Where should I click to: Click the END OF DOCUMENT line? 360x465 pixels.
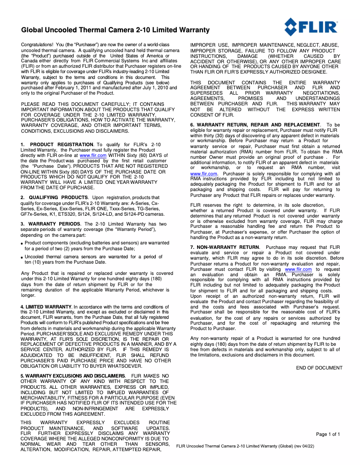[319, 368]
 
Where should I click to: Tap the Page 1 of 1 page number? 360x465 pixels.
[328, 434]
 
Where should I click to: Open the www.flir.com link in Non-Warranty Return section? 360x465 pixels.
[298, 269]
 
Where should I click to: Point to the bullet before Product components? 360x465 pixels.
[22, 243]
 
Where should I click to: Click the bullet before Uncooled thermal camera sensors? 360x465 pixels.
[22, 257]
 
